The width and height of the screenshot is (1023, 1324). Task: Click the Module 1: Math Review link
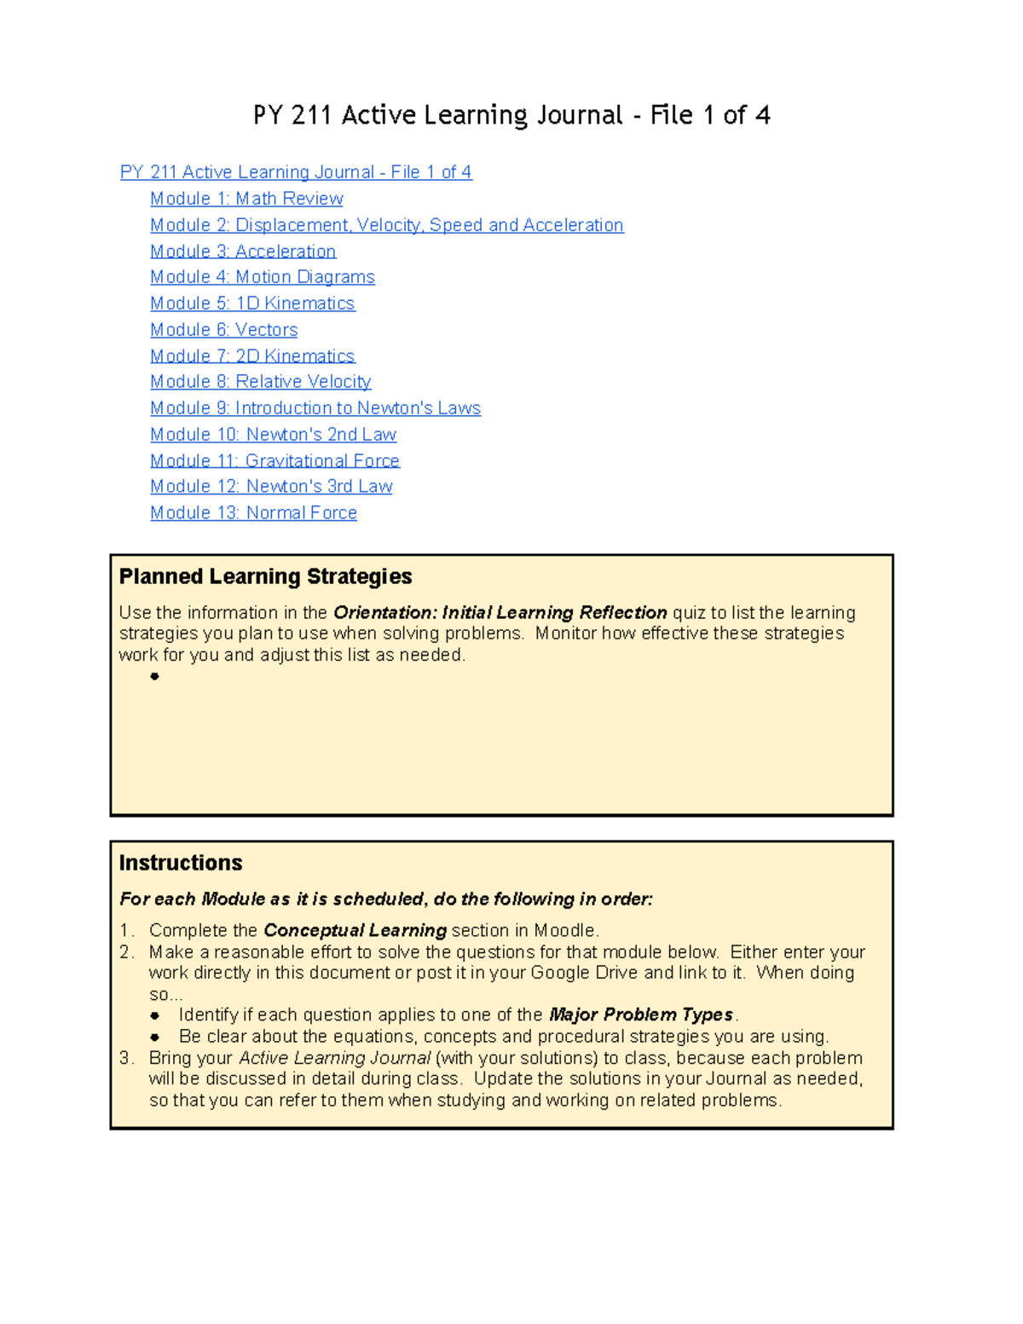246,199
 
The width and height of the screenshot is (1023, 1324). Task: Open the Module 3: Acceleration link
243,252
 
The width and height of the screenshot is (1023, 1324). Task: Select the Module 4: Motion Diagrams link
263,277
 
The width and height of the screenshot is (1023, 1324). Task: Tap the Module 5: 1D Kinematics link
252,304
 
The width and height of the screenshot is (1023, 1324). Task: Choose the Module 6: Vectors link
224,330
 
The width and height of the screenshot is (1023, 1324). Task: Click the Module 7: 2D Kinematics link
252,356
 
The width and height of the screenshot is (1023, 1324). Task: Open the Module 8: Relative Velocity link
261,382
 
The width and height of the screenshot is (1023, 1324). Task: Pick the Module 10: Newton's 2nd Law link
274,435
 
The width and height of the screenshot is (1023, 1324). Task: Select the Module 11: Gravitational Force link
275,461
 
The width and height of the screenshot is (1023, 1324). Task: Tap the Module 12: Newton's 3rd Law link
271,487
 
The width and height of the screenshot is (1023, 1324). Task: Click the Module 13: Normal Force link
254,513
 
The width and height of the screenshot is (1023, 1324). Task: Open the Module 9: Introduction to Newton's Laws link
315,408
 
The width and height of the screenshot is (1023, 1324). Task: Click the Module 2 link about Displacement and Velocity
387,225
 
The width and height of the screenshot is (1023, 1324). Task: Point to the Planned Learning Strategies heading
265,577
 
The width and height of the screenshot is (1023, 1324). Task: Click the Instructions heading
181,864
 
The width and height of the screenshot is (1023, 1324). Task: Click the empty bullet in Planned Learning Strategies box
154,677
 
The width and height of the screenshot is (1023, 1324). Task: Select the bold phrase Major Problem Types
641,1015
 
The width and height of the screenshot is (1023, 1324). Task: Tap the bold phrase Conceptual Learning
355,931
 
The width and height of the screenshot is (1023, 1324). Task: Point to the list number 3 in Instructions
126,1058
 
